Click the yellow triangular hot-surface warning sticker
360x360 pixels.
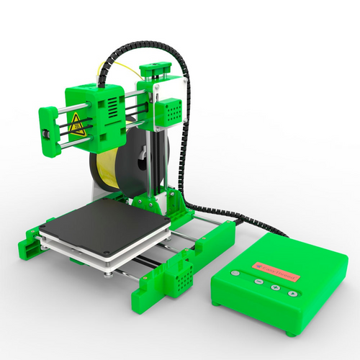(x=77, y=123)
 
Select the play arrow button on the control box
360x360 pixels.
(x=275, y=288)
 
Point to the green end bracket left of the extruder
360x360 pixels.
(x=49, y=125)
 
